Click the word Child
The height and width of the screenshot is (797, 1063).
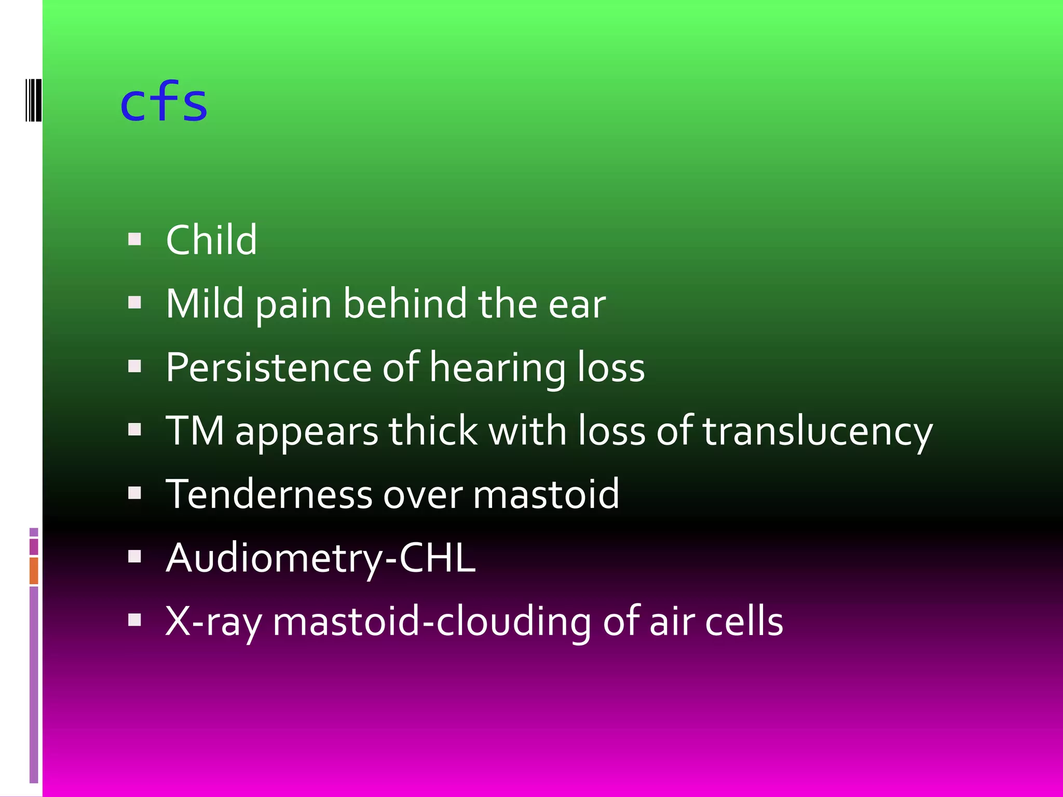(x=211, y=240)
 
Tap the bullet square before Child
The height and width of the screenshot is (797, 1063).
(x=134, y=239)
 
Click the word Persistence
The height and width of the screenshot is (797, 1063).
(x=268, y=367)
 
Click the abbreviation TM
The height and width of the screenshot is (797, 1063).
(x=195, y=431)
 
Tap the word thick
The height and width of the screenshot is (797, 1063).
(x=433, y=431)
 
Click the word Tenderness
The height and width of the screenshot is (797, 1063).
(x=268, y=494)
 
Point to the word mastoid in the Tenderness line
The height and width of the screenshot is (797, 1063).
(x=546, y=494)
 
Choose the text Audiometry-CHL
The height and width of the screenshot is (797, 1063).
(x=320, y=558)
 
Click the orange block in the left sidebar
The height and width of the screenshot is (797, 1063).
(x=34, y=570)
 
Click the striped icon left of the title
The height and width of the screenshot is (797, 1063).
(x=33, y=99)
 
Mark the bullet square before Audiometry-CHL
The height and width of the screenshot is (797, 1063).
(x=134, y=557)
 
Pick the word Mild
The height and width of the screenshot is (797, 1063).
(x=205, y=304)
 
